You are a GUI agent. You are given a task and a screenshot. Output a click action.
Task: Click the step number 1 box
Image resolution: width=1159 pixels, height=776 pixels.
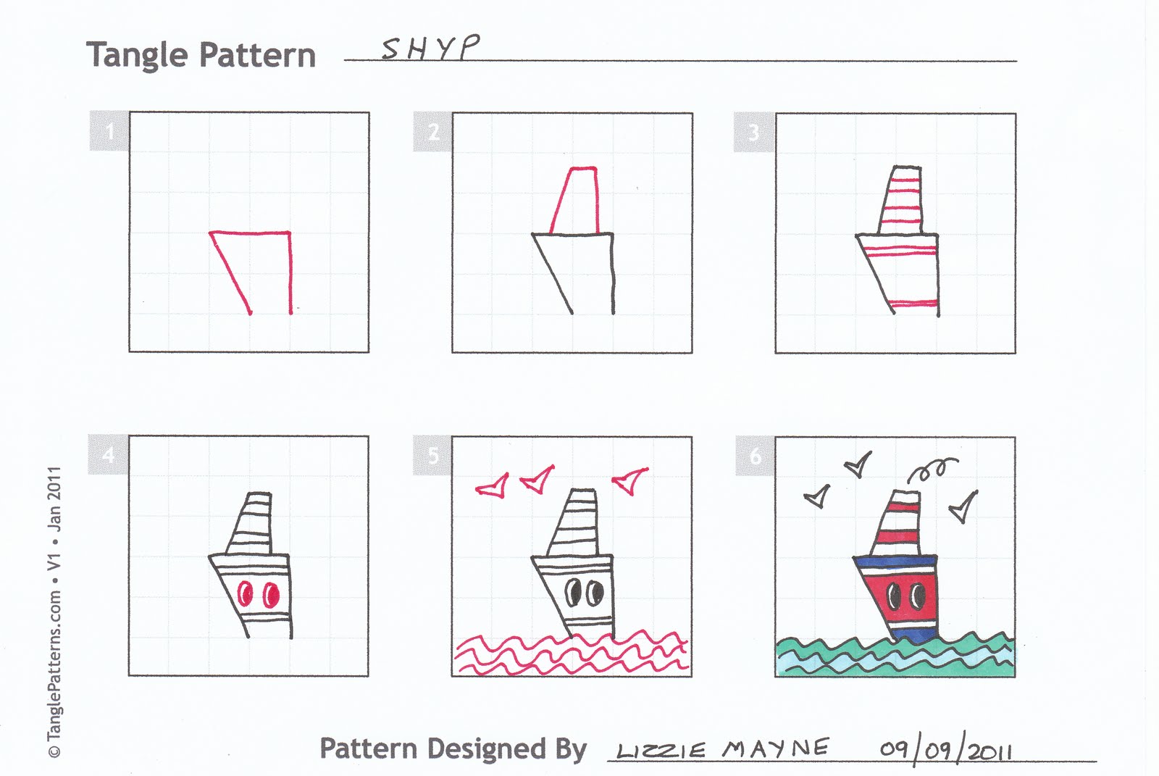click(109, 131)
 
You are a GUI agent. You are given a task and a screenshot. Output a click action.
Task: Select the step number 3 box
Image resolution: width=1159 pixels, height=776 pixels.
click(754, 133)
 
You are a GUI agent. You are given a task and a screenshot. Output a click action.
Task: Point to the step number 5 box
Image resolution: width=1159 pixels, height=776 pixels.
click(432, 455)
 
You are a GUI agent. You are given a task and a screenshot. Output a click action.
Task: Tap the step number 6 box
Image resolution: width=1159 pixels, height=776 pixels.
click(755, 456)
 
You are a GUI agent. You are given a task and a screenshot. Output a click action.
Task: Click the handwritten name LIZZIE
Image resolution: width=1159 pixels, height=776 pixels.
click(660, 751)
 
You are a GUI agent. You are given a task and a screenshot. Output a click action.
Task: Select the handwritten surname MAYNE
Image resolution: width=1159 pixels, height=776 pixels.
click(775, 748)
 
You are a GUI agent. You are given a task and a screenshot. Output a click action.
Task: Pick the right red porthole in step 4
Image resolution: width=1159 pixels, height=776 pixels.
click(271, 596)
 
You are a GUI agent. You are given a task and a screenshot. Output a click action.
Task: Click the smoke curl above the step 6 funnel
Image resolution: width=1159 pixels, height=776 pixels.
click(932, 470)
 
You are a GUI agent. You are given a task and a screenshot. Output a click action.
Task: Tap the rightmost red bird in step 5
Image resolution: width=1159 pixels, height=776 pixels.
click(630, 480)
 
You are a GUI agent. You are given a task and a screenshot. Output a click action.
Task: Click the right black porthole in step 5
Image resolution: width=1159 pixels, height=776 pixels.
click(595, 593)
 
